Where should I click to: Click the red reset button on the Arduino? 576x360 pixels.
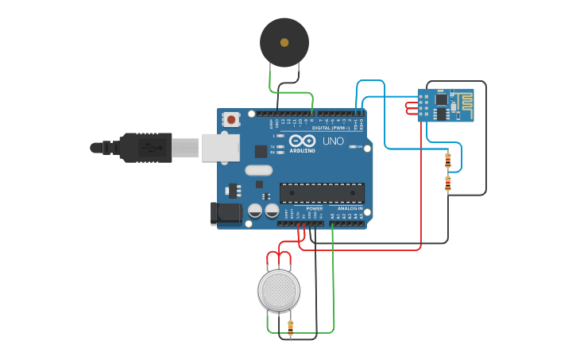coord(231,120)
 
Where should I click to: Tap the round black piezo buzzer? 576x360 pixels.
coord(284,42)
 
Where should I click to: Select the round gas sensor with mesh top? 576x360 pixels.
coord(279,290)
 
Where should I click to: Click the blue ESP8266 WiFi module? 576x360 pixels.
coord(445,105)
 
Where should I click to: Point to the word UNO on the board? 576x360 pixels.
coord(334,141)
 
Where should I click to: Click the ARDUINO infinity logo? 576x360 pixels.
coord(303,141)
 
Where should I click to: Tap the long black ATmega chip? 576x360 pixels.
coord(322,192)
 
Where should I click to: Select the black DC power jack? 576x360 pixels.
coord(226,212)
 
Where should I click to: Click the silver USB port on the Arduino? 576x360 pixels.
coord(220,148)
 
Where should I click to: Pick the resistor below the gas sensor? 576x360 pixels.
coord(290,326)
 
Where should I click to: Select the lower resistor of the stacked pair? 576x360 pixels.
coord(448,184)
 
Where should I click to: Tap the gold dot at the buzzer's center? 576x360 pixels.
coord(284,42)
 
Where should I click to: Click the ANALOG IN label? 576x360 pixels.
coord(350,208)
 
